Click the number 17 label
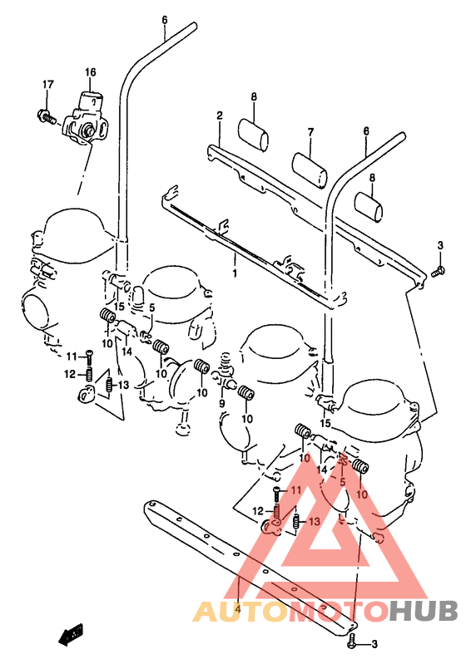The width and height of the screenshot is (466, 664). (x=48, y=84)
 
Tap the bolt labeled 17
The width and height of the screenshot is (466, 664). (x=47, y=116)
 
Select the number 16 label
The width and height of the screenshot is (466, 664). (x=91, y=72)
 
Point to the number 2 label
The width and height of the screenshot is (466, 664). (x=220, y=116)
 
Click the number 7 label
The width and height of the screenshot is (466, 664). (x=311, y=132)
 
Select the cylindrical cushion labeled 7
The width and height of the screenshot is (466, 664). (x=310, y=170)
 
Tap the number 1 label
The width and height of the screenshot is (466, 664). (x=235, y=273)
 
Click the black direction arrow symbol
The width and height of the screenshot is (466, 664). (x=71, y=634)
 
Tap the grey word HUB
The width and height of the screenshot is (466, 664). (x=424, y=611)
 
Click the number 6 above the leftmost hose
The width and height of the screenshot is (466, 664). (x=165, y=20)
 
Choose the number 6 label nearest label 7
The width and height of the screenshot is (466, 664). (x=366, y=130)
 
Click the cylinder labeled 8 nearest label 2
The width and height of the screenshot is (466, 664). (x=253, y=135)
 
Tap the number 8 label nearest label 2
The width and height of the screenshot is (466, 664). (x=254, y=97)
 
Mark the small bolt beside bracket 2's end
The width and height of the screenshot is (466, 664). (x=438, y=272)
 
